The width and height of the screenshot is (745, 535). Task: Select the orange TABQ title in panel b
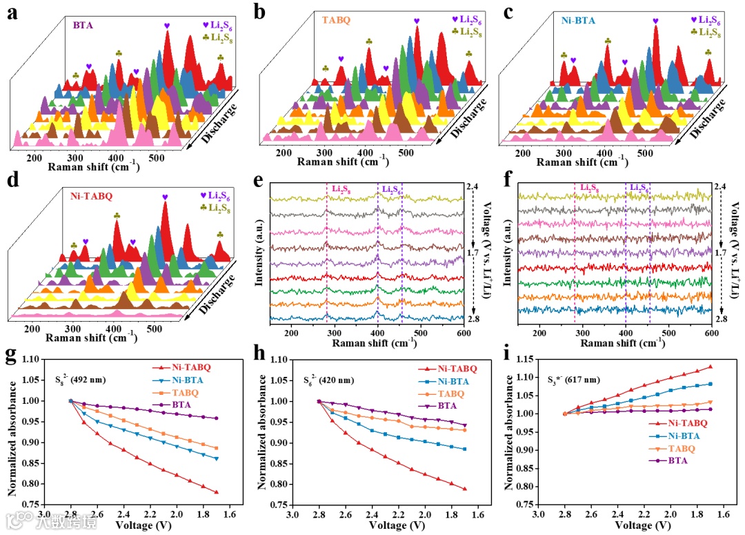(x=336, y=21)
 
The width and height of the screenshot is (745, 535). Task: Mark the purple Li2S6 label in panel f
(x=636, y=188)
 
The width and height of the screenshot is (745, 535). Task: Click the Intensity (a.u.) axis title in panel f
(x=507, y=255)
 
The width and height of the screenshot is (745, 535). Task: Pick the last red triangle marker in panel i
(x=710, y=367)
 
